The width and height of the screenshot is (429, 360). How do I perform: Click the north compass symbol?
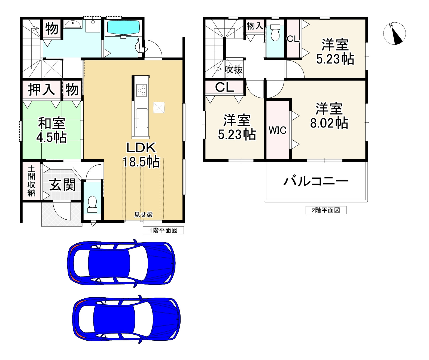[394, 34]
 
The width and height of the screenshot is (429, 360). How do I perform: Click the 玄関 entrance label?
[62, 185]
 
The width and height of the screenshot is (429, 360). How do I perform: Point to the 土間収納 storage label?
[31, 181]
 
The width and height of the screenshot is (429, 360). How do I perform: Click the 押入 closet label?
[41, 89]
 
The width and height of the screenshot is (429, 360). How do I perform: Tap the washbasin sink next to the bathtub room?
[73, 24]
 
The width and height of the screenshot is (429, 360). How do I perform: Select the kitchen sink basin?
[142, 118]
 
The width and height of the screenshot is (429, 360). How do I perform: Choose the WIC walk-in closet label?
[278, 130]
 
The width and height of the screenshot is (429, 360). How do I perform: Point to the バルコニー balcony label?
[316, 181]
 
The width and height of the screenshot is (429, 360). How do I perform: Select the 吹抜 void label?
[234, 70]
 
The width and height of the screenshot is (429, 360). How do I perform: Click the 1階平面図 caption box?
[163, 231]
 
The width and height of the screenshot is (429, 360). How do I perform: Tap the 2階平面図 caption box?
[326, 210]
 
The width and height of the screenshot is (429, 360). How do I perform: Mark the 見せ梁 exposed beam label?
[143, 215]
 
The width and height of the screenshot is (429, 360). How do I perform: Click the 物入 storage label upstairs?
[255, 26]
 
